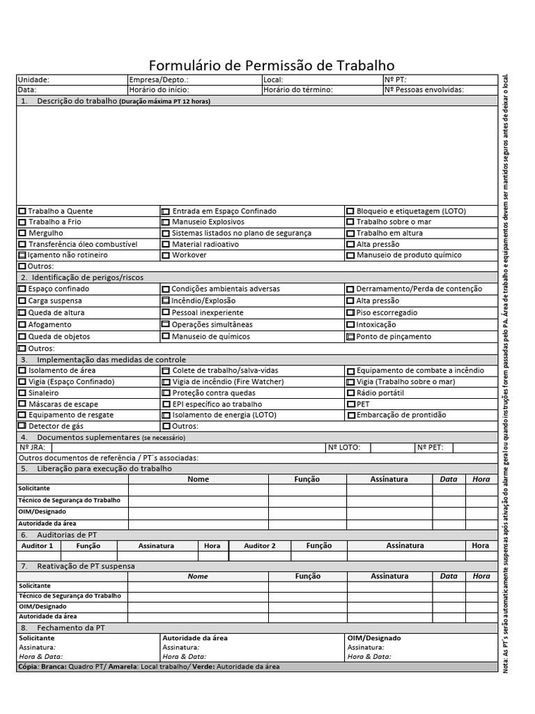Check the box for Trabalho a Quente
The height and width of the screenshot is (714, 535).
point(22,211)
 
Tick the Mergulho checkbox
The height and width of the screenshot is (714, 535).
point(22,234)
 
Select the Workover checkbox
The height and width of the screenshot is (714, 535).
point(166,256)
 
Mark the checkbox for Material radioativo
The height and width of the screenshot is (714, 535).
point(166,245)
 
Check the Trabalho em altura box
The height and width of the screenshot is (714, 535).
point(350,234)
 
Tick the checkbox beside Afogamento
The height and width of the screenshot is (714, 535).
point(22,325)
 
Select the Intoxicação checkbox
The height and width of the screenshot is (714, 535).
point(350,325)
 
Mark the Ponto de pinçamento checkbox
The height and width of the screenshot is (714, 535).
point(350,337)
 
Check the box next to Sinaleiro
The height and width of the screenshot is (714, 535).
point(22,393)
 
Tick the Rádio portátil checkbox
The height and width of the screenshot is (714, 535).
point(350,393)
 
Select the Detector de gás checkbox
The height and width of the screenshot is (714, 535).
point(22,425)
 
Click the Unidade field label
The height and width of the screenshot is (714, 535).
point(33,80)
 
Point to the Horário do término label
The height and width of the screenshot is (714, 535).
point(298,90)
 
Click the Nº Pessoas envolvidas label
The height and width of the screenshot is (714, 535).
point(424,90)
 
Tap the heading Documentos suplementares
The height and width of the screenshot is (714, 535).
point(88,437)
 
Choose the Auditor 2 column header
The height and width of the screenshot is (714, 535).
point(259,546)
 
